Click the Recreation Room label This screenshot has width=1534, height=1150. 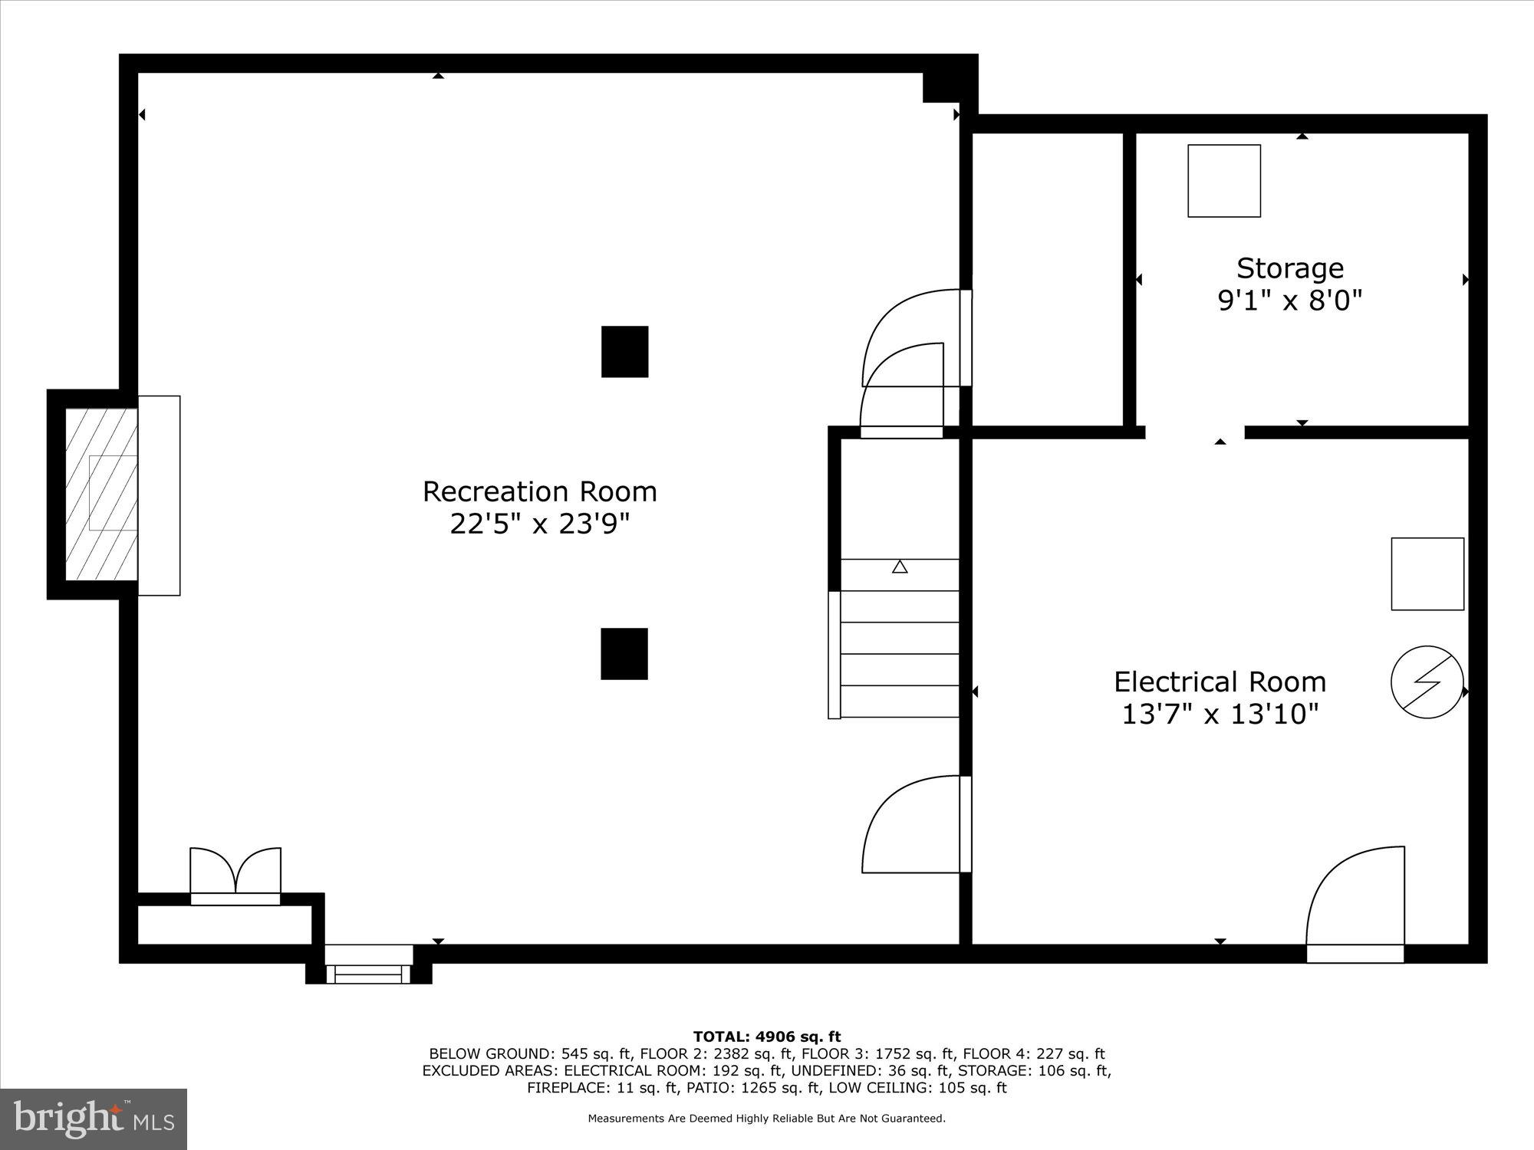539,491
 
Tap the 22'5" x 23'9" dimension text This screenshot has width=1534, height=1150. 539,524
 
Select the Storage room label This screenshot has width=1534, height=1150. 1289,268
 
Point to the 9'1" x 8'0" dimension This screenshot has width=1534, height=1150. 1289,301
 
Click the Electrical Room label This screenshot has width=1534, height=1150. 1220,682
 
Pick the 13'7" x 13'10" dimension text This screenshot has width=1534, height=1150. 1220,715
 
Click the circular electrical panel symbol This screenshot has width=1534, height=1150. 1427,682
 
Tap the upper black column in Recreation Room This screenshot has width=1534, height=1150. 624,352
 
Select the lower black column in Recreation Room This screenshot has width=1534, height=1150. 624,654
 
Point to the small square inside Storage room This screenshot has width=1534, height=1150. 1223,181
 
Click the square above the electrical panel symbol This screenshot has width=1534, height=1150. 1427,574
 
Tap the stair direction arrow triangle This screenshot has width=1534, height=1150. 900,567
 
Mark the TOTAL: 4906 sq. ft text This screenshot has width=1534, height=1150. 767,1037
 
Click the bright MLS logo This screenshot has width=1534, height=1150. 94,1119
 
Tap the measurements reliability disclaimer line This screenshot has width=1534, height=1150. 767,1119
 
